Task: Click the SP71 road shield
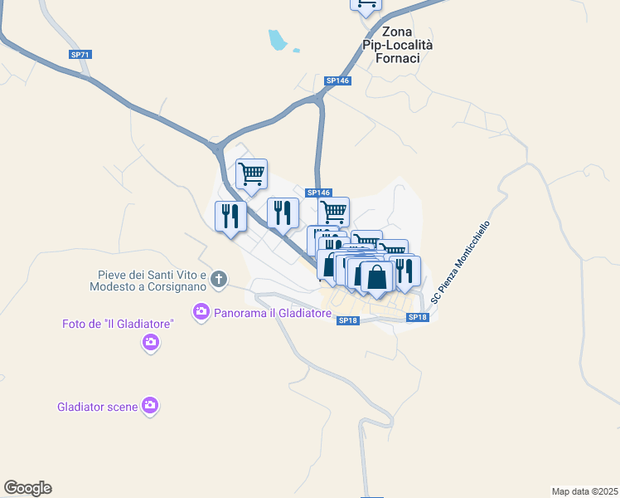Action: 80,55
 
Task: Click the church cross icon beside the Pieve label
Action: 219,280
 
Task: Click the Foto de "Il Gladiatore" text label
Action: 117,324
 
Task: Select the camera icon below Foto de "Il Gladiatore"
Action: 150,341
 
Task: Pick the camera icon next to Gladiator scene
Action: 150,406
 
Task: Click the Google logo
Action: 27,488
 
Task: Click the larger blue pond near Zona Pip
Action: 278,39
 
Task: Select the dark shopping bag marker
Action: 376,277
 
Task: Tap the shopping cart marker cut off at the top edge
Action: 366,5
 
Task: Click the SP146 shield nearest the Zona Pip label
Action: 337,81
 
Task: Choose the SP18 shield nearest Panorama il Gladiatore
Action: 347,320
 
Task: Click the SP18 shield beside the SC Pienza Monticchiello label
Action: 417,317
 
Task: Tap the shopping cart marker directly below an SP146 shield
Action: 333,212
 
